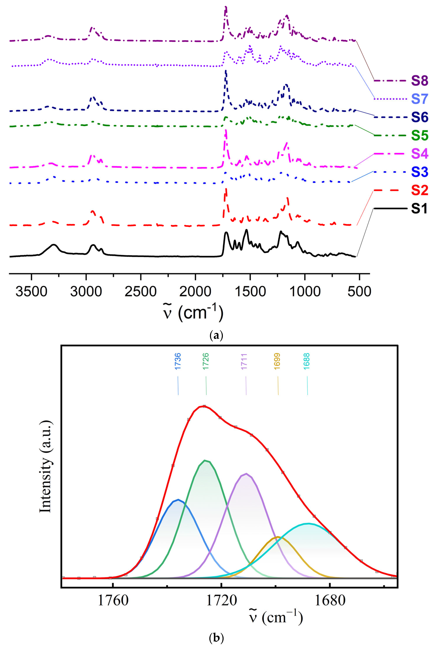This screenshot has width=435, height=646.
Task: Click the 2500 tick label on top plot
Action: (x=141, y=292)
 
